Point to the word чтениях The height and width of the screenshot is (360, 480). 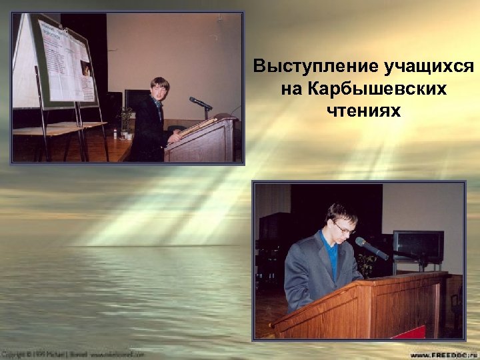pos(364,110)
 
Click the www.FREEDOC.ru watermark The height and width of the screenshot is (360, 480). pos(443,355)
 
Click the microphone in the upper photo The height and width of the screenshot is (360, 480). pos(199,103)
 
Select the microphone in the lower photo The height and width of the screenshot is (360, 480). pos(371,248)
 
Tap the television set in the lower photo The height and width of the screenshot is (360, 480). pos(418,245)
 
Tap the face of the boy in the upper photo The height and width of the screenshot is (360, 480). pos(159,91)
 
